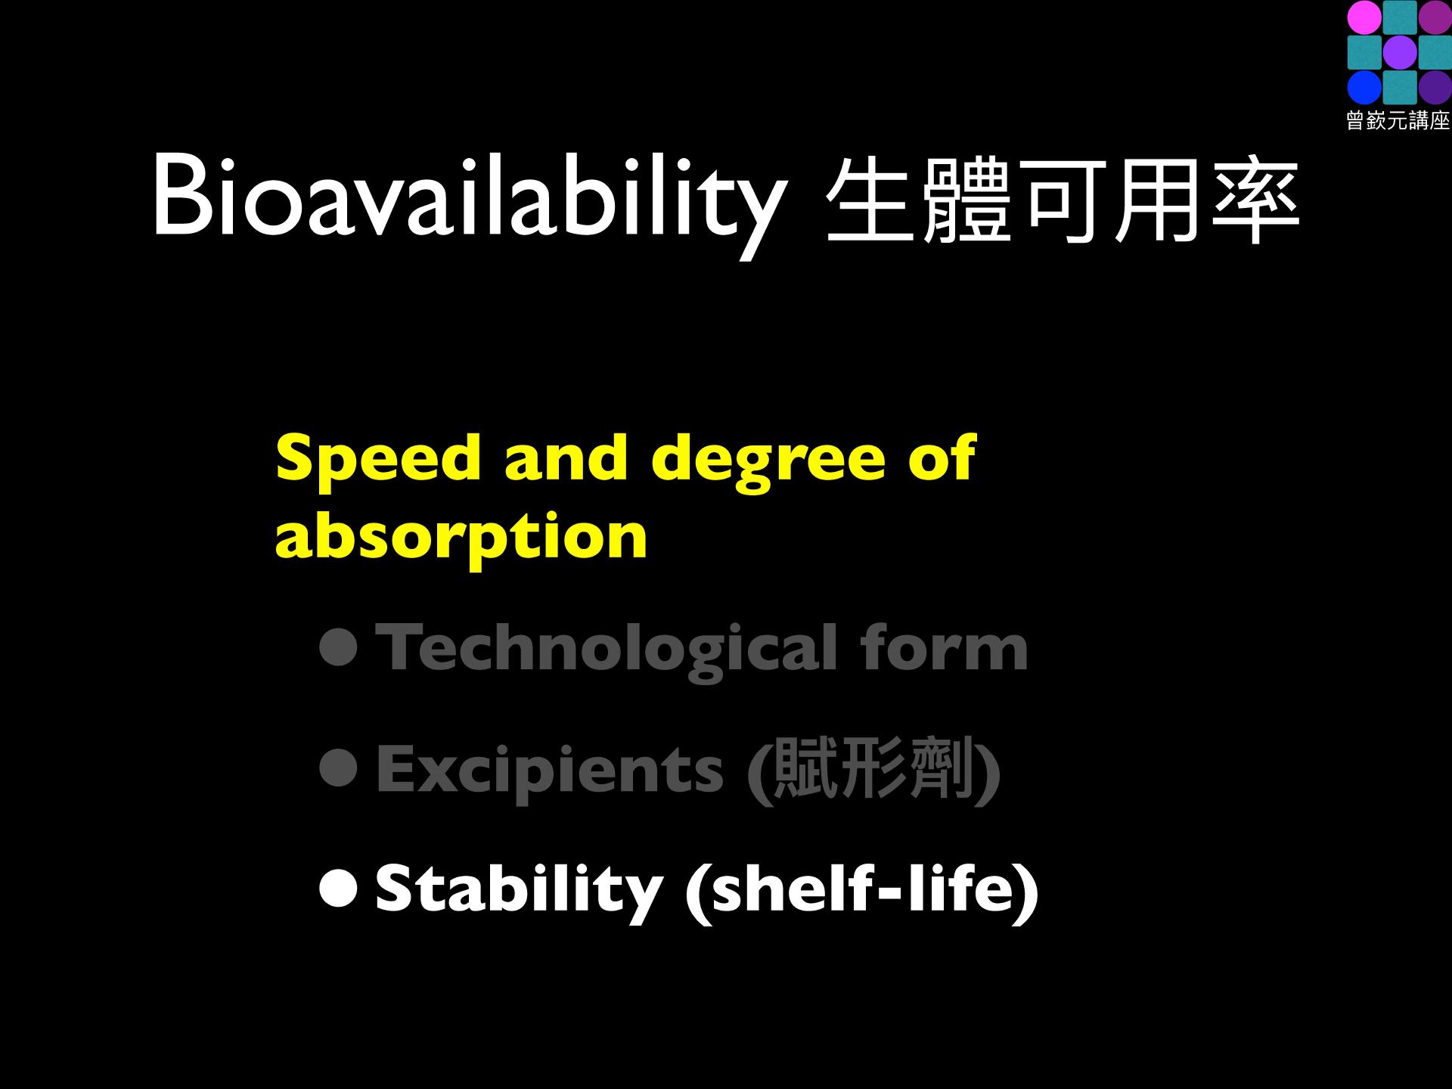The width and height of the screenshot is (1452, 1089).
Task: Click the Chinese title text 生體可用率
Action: point(1063,200)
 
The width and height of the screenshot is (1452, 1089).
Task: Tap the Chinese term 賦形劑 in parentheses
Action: point(873,769)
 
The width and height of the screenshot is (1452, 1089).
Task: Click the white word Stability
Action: point(520,892)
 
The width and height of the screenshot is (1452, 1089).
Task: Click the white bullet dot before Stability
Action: point(337,889)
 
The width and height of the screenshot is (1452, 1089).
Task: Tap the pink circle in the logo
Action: point(1365,17)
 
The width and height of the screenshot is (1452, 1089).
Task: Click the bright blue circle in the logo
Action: point(1365,88)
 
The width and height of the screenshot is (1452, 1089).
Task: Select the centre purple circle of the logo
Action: point(1400,52)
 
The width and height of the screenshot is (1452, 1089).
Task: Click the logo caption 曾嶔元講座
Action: point(1398,121)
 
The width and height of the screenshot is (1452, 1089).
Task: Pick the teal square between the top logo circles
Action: point(1400,17)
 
